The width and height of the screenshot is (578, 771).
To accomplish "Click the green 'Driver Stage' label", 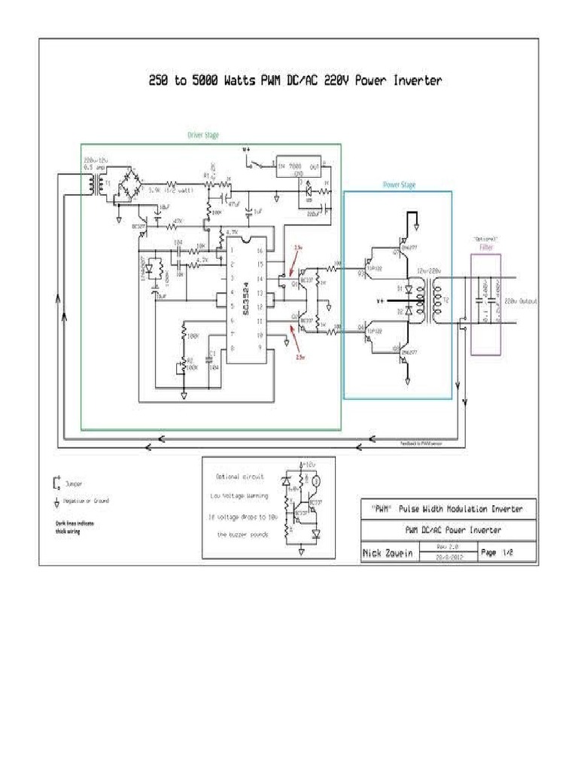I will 203,136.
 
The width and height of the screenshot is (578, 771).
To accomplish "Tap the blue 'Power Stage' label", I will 399,184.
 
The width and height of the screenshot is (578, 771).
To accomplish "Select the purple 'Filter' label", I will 485,246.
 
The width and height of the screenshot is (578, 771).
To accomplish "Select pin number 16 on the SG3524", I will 258,251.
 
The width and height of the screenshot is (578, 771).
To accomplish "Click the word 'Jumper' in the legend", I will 74,483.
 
